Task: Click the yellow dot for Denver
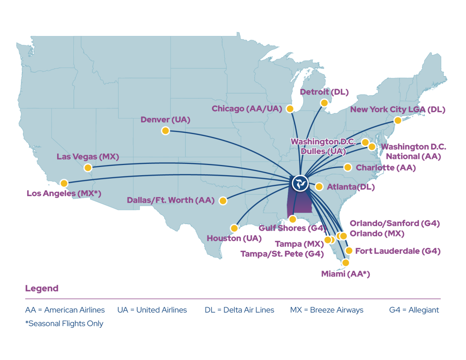pos(165,131)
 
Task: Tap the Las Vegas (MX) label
pos(88,157)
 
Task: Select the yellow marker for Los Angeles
pos(64,183)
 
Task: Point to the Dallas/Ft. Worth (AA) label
pos(170,200)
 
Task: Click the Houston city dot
pos(234,228)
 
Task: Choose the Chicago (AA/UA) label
pos(247,109)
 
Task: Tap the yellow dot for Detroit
pos(324,103)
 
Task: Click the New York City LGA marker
pos(398,120)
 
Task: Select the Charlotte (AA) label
pos(386,168)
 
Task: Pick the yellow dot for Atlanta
pos(319,187)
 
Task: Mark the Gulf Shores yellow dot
pos(293,219)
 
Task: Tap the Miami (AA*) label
pos(345,275)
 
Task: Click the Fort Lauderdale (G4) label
pos(398,251)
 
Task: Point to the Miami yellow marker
pos(345,263)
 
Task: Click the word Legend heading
pos(42,289)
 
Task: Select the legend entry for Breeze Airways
pos(327,310)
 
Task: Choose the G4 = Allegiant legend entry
pos(414,310)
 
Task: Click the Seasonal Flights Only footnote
pos(64,323)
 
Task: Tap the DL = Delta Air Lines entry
pos(239,310)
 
